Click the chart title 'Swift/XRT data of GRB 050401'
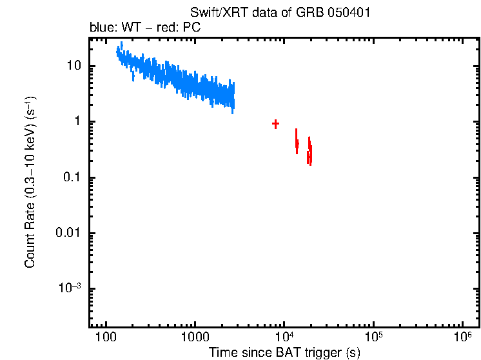pyautogui.click(x=280, y=14)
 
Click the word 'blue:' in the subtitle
pyautogui.click(x=102, y=28)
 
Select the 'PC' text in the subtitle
pyautogui.click(x=191, y=28)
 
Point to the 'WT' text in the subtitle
pyautogui.click(x=132, y=28)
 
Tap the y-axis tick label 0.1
pyautogui.click(x=72, y=177)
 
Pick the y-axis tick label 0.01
pyautogui.click(x=69, y=233)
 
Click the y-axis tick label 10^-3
pyautogui.click(x=70, y=288)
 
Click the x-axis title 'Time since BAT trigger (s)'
pyautogui.click(x=284, y=352)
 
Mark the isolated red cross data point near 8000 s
pyautogui.click(x=275, y=124)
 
